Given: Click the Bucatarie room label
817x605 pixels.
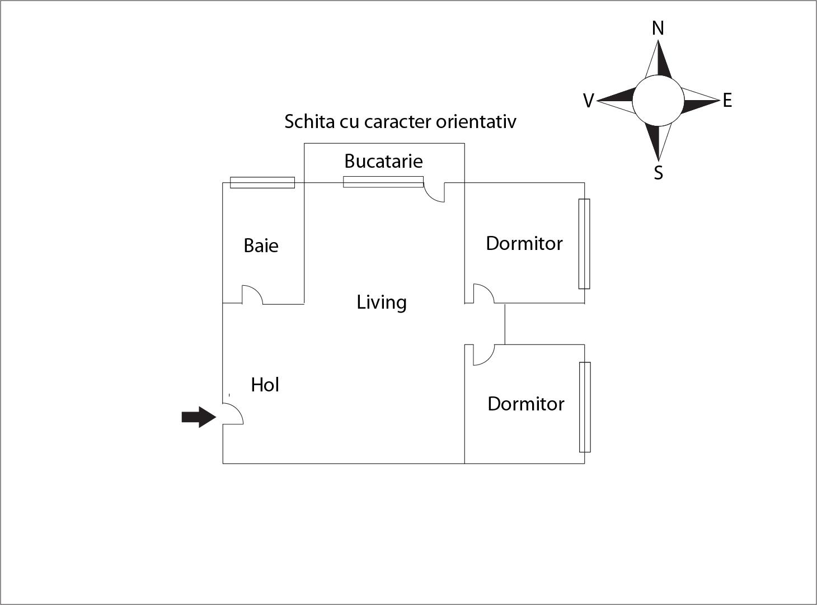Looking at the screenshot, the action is [383, 161].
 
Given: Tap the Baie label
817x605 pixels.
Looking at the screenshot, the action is [261, 245].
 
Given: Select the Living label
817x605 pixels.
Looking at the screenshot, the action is [382, 302].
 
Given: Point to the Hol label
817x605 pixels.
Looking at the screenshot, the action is [265, 385].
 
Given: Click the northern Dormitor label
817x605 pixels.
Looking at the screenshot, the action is [524, 243].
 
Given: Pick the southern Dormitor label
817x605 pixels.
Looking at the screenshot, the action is [525, 404].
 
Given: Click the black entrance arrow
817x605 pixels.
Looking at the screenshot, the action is [199, 417].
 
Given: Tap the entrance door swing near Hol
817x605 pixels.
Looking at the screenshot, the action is [233, 414].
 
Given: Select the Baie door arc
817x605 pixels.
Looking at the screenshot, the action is [252, 295].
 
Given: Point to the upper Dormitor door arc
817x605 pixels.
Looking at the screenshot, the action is [483, 294].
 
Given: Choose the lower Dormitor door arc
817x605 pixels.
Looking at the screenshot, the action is [483, 355].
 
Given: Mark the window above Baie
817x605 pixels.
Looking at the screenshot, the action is [262, 183].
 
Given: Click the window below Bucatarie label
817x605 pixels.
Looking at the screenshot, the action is [383, 182].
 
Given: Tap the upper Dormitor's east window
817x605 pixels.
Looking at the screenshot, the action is [584, 244].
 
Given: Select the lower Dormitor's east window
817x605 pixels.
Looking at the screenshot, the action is [585, 407].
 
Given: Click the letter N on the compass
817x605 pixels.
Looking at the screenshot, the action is [658, 28].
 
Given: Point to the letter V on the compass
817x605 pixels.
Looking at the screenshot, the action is [589, 101].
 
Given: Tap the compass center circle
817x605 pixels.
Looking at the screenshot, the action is [658, 100].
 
